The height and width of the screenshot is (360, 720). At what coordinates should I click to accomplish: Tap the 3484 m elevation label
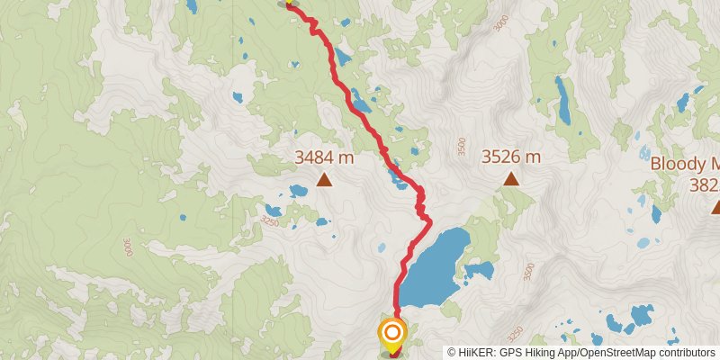coord(324,157)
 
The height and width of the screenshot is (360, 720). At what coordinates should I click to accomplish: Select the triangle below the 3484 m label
coord(324,180)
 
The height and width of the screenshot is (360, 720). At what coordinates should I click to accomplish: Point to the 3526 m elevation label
coord(510,157)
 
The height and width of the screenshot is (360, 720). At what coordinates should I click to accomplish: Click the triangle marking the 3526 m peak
coord(511,178)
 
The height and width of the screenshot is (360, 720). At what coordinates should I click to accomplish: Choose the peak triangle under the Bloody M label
coord(716,208)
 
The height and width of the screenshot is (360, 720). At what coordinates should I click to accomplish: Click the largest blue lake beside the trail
coord(435,265)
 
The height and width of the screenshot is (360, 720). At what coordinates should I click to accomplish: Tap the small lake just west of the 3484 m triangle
coord(297,190)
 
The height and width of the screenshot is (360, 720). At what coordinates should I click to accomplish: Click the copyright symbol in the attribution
coord(453,352)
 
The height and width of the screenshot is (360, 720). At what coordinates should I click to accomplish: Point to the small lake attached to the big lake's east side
coord(479,270)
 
